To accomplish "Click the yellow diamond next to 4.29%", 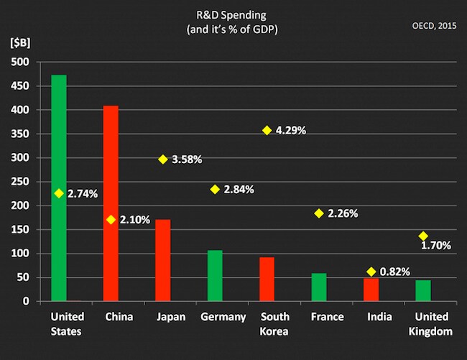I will coord(267,131).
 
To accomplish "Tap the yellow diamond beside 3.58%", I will coord(163,159).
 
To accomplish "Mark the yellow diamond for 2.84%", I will coord(215,189).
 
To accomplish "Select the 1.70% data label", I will coord(436,246).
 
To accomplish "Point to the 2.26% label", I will coord(342,213).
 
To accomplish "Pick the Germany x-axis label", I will coord(223,317).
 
